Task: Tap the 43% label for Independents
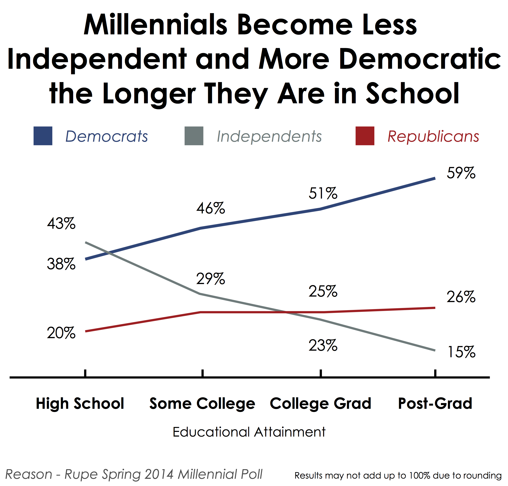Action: [x=61, y=223]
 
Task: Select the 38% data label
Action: [x=61, y=264]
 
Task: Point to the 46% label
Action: [x=211, y=208]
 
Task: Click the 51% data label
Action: [x=323, y=193]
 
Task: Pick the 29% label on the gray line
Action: [x=211, y=279]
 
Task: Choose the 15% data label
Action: [x=461, y=352]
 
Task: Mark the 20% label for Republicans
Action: [x=61, y=333]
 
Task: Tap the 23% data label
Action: [x=323, y=345]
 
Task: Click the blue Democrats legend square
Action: [x=43, y=136]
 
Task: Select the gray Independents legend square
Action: [x=194, y=136]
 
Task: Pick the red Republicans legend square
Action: [x=365, y=136]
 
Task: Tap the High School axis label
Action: [x=80, y=404]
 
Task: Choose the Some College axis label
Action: [x=202, y=404]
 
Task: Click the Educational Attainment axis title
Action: [x=249, y=432]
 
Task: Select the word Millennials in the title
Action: [x=155, y=25]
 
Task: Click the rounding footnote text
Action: [x=398, y=475]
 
